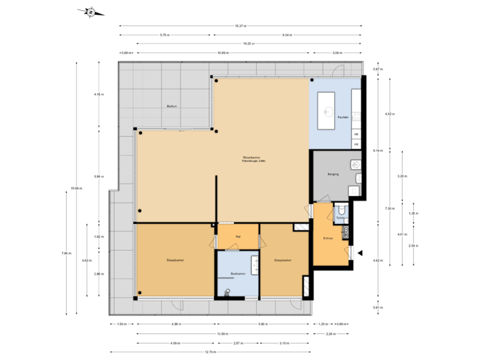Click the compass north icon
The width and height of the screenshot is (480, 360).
point(91,11)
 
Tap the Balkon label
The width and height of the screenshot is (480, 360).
point(171,107)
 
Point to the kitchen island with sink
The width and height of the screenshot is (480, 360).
point(327,110)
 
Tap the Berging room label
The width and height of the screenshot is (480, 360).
point(333,174)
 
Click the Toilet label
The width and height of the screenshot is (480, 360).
point(340,217)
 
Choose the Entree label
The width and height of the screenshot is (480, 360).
point(327,238)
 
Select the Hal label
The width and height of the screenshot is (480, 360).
point(237,236)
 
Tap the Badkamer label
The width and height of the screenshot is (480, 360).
point(237,274)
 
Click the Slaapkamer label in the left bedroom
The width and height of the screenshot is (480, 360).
point(157,260)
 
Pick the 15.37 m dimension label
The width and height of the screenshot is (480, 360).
point(241,26)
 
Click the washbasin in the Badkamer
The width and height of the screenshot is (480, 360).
point(254,261)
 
